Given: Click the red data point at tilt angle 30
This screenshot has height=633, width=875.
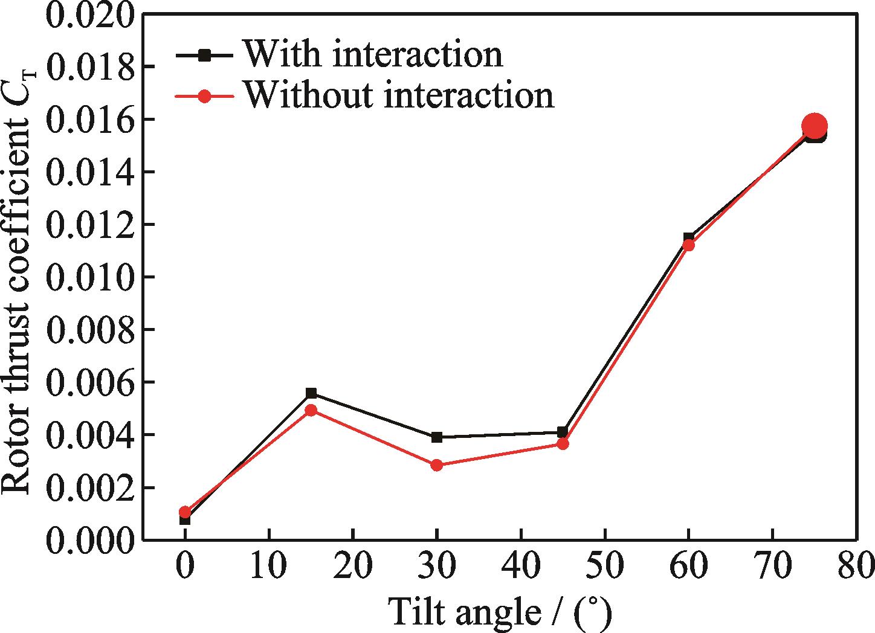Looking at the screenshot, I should (437, 465).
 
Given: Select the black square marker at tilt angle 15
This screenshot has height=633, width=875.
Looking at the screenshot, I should (311, 393).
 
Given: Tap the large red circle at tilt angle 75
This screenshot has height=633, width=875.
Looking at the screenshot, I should (815, 126).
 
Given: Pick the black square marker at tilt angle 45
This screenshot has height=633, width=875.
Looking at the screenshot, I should (563, 432).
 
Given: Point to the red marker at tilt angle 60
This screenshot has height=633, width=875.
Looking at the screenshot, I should (689, 245).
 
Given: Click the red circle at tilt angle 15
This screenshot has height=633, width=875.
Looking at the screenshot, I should (311, 410).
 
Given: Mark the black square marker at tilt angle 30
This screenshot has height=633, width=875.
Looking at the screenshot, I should (437, 437).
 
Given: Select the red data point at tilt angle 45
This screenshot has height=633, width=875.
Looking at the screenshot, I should (563, 444).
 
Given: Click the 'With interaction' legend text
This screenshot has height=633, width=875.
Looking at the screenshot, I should (373, 54).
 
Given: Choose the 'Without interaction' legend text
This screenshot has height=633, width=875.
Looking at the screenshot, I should (399, 95).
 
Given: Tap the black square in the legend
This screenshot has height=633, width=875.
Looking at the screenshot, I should (205, 56).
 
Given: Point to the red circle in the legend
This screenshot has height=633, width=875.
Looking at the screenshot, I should (205, 96).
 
